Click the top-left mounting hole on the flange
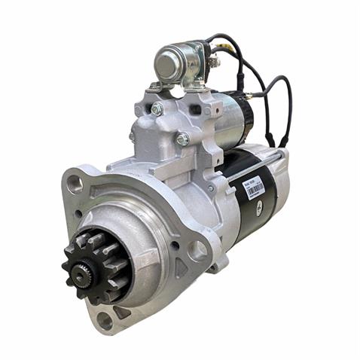[x=73, y=182]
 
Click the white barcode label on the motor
[x=255, y=186]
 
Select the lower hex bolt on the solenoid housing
[x=182, y=139]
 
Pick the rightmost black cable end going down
[x=284, y=141]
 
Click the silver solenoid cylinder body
[x=233, y=121]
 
